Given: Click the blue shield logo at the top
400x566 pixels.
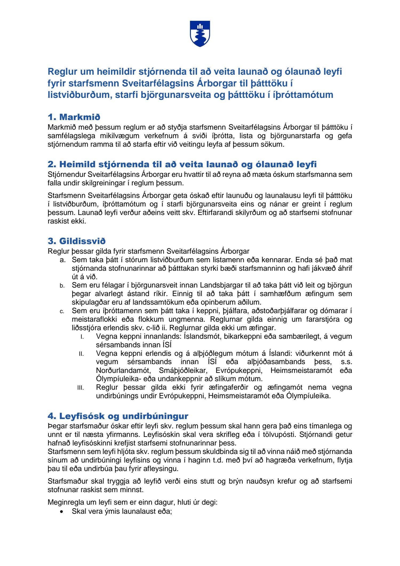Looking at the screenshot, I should (200, 34).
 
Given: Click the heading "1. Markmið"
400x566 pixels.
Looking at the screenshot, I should (74, 117).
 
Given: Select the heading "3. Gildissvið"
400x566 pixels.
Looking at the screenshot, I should (77, 241).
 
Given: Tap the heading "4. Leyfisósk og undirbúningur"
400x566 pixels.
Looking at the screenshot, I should (118, 416).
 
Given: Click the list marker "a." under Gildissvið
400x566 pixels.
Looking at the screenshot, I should (63, 260).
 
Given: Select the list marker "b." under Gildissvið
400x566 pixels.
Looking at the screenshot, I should (62, 286).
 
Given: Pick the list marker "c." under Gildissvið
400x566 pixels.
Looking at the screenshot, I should (62, 311).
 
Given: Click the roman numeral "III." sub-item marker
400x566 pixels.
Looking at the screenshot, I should (81, 388).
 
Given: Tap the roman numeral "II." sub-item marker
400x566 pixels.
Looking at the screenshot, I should (81, 354).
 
